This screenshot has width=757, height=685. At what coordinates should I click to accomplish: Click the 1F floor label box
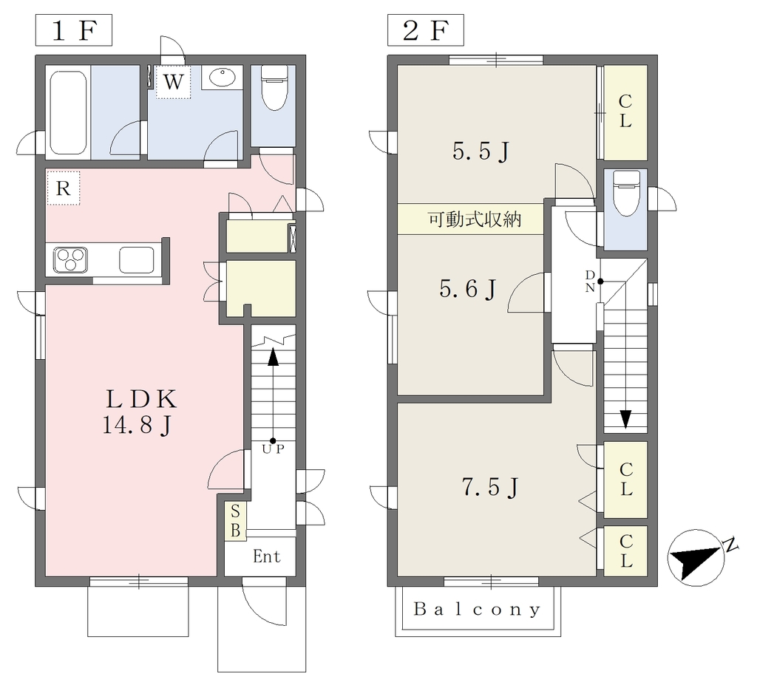point(74,30)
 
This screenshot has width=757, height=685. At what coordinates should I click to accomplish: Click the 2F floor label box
point(426,30)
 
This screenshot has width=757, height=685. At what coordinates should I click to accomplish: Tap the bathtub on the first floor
point(68,112)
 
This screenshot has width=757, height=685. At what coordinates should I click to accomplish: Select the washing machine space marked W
point(173,81)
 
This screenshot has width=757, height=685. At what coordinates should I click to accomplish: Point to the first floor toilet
point(274,88)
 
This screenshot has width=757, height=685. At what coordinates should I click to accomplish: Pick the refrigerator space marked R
point(64,188)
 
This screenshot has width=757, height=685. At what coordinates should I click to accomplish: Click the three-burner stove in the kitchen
point(70,259)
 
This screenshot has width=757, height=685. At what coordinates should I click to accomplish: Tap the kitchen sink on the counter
point(137,259)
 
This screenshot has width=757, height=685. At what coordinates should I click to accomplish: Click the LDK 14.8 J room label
point(140,412)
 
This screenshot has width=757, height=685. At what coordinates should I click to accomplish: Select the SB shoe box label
point(235,521)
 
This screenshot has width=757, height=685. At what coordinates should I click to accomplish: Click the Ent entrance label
point(266,556)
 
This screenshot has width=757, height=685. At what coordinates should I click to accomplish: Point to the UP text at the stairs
point(274,449)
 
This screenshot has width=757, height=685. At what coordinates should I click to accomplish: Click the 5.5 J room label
point(481,152)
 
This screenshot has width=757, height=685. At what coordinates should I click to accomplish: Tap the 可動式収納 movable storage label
point(475,219)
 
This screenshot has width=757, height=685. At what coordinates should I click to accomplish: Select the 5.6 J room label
point(467,290)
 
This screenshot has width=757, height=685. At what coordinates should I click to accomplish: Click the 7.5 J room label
point(490,487)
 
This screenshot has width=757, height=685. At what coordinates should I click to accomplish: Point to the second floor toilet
point(625,194)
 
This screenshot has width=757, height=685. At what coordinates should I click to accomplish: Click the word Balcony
point(477,610)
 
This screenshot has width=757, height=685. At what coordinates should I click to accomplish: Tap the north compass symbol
point(697,558)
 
